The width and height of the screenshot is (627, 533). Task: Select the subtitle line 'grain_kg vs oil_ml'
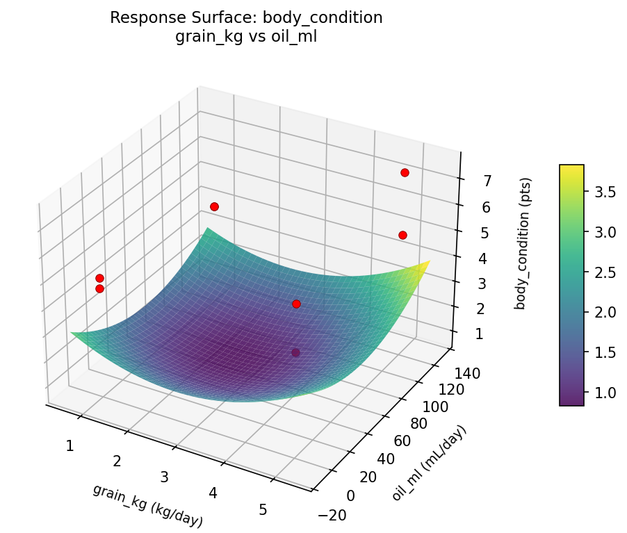click(247, 37)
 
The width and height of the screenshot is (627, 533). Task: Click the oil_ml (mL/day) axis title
click(429, 462)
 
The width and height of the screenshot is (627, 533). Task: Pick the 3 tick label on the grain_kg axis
click(165, 477)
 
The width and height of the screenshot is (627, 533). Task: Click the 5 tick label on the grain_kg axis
click(263, 509)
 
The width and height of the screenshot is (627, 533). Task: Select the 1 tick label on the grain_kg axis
click(70, 445)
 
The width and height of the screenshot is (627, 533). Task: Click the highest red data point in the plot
click(405, 172)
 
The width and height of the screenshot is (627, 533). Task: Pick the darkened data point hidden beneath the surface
click(296, 353)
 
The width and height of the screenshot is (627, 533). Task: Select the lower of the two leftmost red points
click(99, 288)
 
